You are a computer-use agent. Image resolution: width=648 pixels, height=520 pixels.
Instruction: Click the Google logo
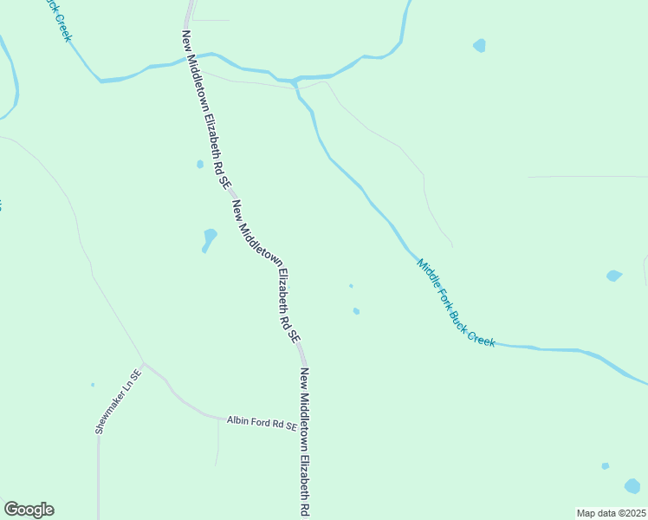click(x=29, y=510)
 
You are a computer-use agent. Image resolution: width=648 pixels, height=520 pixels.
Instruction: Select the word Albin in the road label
click(x=239, y=420)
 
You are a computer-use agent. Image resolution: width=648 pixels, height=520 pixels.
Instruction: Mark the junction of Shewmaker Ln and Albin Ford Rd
click(x=145, y=365)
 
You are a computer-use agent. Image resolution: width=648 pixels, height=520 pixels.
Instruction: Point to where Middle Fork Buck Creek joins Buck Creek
click(x=295, y=81)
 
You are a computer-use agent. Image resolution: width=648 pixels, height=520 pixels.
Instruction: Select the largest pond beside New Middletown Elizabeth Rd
click(x=209, y=238)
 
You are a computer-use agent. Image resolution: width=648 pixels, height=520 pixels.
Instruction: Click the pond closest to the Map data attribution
click(x=632, y=486)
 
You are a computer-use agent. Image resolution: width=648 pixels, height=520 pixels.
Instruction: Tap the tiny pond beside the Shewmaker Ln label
click(x=93, y=384)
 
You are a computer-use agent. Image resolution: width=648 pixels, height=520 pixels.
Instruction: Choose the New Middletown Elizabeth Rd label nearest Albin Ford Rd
click(x=305, y=442)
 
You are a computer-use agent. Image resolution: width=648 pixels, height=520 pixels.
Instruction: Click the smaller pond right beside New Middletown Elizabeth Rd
click(x=200, y=164)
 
